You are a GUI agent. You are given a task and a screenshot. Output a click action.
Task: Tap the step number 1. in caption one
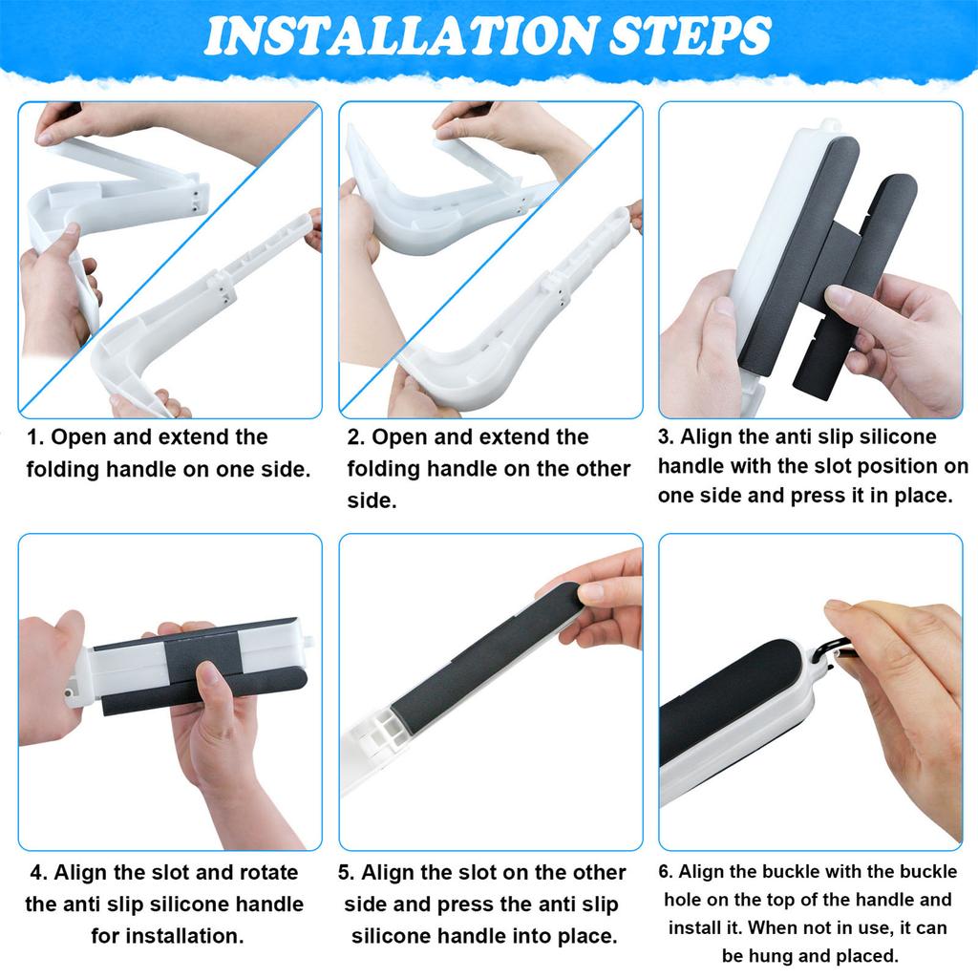click(35, 438)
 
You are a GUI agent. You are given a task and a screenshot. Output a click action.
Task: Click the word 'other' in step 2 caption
click(602, 469)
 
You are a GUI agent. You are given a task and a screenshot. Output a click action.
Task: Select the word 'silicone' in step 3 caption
click(893, 436)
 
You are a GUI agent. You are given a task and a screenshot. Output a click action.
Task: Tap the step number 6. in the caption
click(669, 872)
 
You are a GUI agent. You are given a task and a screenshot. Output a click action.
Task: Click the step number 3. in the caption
click(666, 438)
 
